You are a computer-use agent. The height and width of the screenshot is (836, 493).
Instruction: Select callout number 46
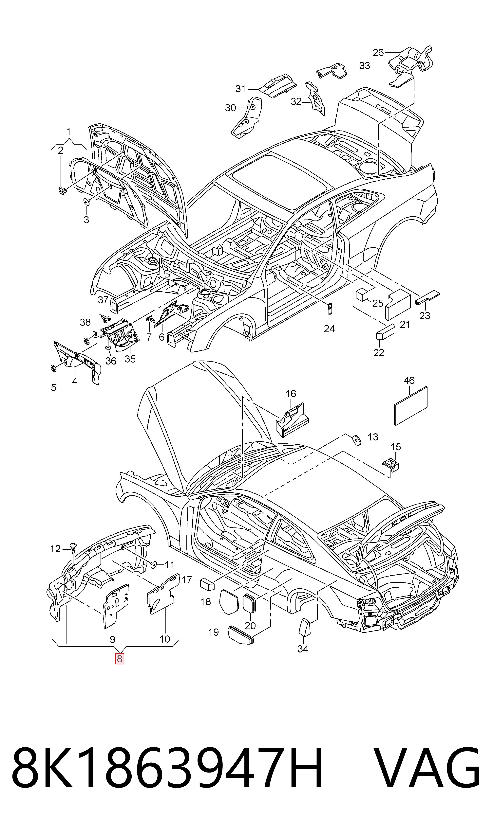click(409, 380)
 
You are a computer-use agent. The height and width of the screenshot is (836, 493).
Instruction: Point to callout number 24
click(329, 329)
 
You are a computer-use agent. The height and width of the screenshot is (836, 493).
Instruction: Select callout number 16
click(291, 394)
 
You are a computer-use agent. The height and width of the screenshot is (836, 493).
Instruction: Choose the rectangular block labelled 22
click(385, 331)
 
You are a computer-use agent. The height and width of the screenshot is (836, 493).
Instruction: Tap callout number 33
click(364, 66)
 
